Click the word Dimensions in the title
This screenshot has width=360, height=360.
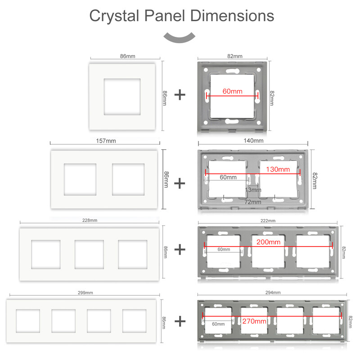(x=232, y=16)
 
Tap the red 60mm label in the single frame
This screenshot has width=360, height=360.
(x=232, y=91)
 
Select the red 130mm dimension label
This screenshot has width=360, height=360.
(x=278, y=170)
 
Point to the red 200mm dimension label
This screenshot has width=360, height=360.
(x=268, y=242)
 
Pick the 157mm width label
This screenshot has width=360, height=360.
(x=106, y=141)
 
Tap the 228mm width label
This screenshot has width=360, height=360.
(x=90, y=220)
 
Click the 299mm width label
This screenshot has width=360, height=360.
(x=85, y=292)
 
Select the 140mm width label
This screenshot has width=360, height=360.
(x=253, y=141)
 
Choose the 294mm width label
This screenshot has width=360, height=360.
(x=273, y=292)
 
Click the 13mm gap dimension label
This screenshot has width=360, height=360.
(x=253, y=190)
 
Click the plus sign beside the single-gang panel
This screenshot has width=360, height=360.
(x=180, y=94)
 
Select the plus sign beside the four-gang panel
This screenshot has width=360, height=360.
(x=180, y=321)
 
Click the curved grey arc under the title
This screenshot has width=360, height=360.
(x=180, y=38)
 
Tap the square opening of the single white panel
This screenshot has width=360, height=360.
(x=124, y=97)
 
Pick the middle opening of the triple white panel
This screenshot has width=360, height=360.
(x=89, y=255)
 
